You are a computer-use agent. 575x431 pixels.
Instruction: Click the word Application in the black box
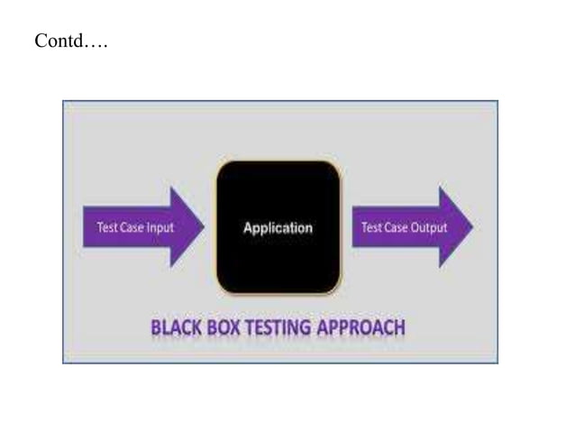point(278,228)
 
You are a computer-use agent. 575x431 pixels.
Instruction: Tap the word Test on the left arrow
point(105,228)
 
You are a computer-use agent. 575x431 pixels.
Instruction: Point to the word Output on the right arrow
point(429,228)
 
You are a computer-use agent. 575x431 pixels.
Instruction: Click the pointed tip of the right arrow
point(471,227)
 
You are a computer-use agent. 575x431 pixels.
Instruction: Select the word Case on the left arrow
point(131,228)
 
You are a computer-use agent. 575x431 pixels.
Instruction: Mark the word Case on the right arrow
point(397,228)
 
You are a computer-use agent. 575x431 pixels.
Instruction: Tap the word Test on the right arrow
point(371,228)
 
